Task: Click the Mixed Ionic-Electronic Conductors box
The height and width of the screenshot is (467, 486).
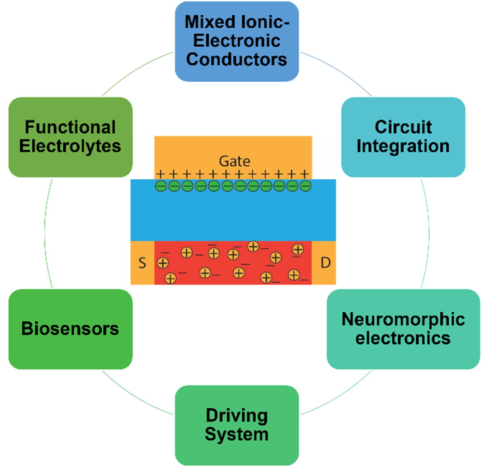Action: [237, 42]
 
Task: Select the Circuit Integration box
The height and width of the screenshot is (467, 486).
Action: [403, 137]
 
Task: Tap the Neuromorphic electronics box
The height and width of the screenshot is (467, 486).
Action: [403, 329]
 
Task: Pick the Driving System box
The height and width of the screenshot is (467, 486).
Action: [237, 425]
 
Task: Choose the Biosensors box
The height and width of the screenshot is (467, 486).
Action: [70, 329]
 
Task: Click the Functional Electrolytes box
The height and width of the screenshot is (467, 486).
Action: [70, 137]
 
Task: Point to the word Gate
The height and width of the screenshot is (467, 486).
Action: [234, 161]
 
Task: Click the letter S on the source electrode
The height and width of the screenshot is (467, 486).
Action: [142, 263]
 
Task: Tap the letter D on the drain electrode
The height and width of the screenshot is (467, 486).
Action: [326, 263]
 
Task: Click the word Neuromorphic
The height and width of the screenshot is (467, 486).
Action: [403, 319]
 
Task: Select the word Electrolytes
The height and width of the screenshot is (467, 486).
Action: [70, 146]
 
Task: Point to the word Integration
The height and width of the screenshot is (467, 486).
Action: [403, 146]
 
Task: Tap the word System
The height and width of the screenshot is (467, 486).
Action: [237, 435]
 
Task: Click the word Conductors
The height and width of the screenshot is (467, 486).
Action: [237, 60]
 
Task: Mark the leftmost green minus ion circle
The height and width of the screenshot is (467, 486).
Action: [161, 186]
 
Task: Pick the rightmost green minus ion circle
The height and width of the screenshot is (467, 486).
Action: [305, 186]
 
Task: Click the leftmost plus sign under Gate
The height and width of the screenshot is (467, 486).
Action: [160, 174]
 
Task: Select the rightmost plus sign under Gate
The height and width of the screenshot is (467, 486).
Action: [304, 174]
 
